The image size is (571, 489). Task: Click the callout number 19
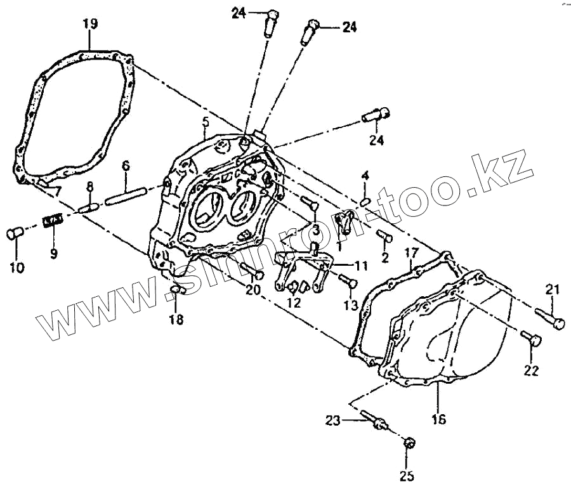point(90,25)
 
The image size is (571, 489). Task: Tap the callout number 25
point(407,476)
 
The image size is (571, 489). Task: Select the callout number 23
point(333,419)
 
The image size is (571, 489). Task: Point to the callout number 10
point(17,268)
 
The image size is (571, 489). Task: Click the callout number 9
point(53,254)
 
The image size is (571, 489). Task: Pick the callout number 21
point(553,290)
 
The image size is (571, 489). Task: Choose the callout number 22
point(532,370)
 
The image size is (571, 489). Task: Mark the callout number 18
point(176,320)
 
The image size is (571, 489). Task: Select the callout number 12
point(293,304)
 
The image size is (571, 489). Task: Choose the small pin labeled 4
point(365,201)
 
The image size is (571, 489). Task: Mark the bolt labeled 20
point(251,271)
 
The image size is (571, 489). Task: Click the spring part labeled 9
point(52,221)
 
